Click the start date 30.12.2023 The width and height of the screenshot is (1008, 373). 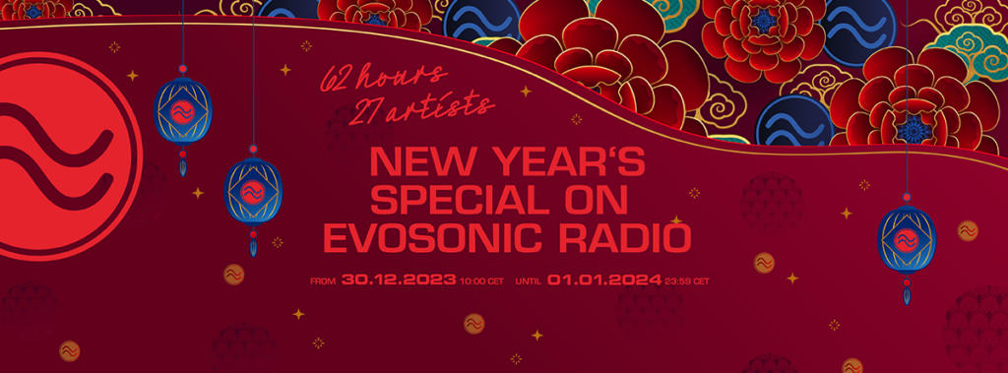pos(399,280)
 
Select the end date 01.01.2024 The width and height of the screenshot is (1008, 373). pos(604,280)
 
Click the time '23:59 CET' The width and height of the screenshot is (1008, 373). pos(687,281)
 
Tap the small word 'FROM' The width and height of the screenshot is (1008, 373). pos(323,281)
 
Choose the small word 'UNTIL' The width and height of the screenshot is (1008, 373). pos(529,281)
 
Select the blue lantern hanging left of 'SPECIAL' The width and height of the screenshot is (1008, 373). pos(253,191)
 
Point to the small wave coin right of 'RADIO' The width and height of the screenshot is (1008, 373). pos(764,263)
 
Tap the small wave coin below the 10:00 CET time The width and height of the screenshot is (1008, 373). pos(473,324)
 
